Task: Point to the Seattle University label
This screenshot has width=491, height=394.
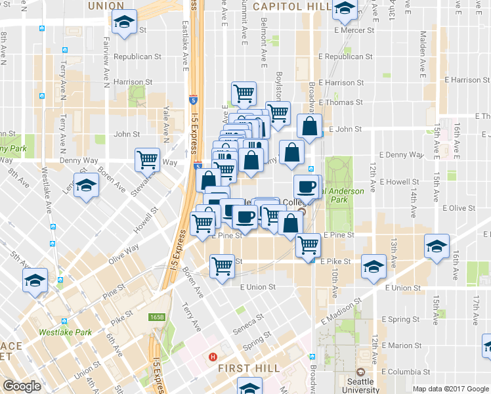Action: pos(360,385)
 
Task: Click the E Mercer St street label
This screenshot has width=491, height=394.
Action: pos(354,30)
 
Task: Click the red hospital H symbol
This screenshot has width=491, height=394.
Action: pos(212,358)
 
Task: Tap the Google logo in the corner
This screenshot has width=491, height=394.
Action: pos(21,386)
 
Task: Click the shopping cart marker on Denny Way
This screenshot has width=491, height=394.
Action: pos(147,158)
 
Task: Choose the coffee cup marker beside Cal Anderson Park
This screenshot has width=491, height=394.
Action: pos(305,186)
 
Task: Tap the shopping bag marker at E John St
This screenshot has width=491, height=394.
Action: pos(309,126)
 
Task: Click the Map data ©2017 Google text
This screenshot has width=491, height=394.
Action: pos(450,389)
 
